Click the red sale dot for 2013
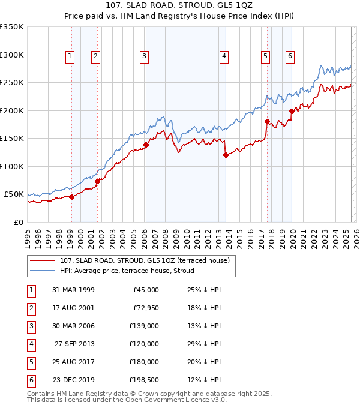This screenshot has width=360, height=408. [x=226, y=155]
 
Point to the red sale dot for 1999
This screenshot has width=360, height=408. [x=71, y=197]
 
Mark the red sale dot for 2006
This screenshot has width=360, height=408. [x=145, y=145]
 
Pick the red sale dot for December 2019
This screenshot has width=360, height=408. [x=292, y=111]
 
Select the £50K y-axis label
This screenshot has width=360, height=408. [x=14, y=194]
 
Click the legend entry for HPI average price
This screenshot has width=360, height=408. [x=127, y=271]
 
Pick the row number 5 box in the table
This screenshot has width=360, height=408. [x=30, y=362]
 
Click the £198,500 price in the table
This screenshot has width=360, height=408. [x=144, y=380]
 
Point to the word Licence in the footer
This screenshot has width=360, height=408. [x=186, y=400]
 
